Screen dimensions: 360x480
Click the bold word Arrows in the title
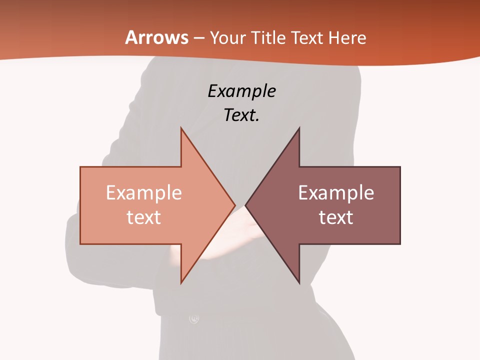point(156,37)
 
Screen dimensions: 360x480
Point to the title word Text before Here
point(307,38)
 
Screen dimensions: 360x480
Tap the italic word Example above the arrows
point(242,92)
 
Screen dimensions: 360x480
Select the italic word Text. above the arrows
point(242,115)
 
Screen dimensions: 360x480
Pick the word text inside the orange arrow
point(144,217)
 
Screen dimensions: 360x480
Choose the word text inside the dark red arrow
point(336,217)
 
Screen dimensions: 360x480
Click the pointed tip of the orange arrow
point(234,205)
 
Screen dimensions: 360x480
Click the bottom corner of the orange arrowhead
point(181,282)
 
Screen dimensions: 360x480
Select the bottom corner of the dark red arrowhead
point(299,282)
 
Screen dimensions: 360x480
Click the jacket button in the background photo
point(194,318)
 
